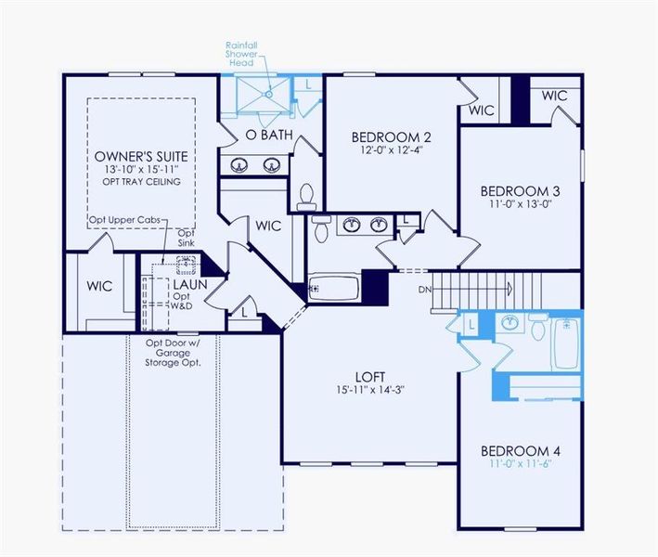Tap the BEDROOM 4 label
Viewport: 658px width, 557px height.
click(521, 451)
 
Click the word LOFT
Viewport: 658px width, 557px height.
click(369, 376)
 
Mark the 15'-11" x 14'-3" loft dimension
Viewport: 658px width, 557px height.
click(369, 390)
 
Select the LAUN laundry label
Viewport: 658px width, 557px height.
click(189, 284)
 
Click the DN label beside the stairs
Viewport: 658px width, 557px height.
click(425, 290)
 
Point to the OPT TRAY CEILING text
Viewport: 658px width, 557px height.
click(142, 181)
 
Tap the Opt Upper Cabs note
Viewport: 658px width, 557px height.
click(124, 219)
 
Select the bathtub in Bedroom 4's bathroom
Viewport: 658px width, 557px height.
click(565, 344)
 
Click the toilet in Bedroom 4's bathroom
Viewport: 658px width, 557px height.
click(538, 325)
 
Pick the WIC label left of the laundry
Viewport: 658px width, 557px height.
click(100, 286)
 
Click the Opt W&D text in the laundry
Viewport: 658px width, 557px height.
click(182, 301)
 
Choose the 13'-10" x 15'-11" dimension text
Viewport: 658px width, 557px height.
click(141, 169)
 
